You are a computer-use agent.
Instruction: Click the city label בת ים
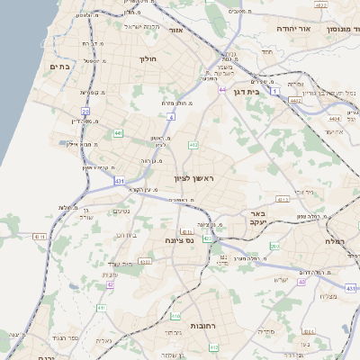tap(60, 67)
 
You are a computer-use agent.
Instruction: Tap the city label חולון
tap(148, 58)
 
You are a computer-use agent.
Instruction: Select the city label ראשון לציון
tap(192, 179)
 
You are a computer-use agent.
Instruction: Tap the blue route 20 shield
tap(85, 112)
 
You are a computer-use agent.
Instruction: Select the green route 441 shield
tap(118, 133)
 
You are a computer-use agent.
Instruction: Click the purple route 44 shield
tap(221, 90)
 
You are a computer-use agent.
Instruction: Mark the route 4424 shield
tap(336, 118)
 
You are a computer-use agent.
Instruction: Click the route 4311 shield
tap(39, 237)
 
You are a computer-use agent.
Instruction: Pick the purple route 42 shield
tap(110, 284)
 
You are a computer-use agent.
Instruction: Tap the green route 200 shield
tap(275, 246)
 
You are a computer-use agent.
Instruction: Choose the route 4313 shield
tap(283, 198)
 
